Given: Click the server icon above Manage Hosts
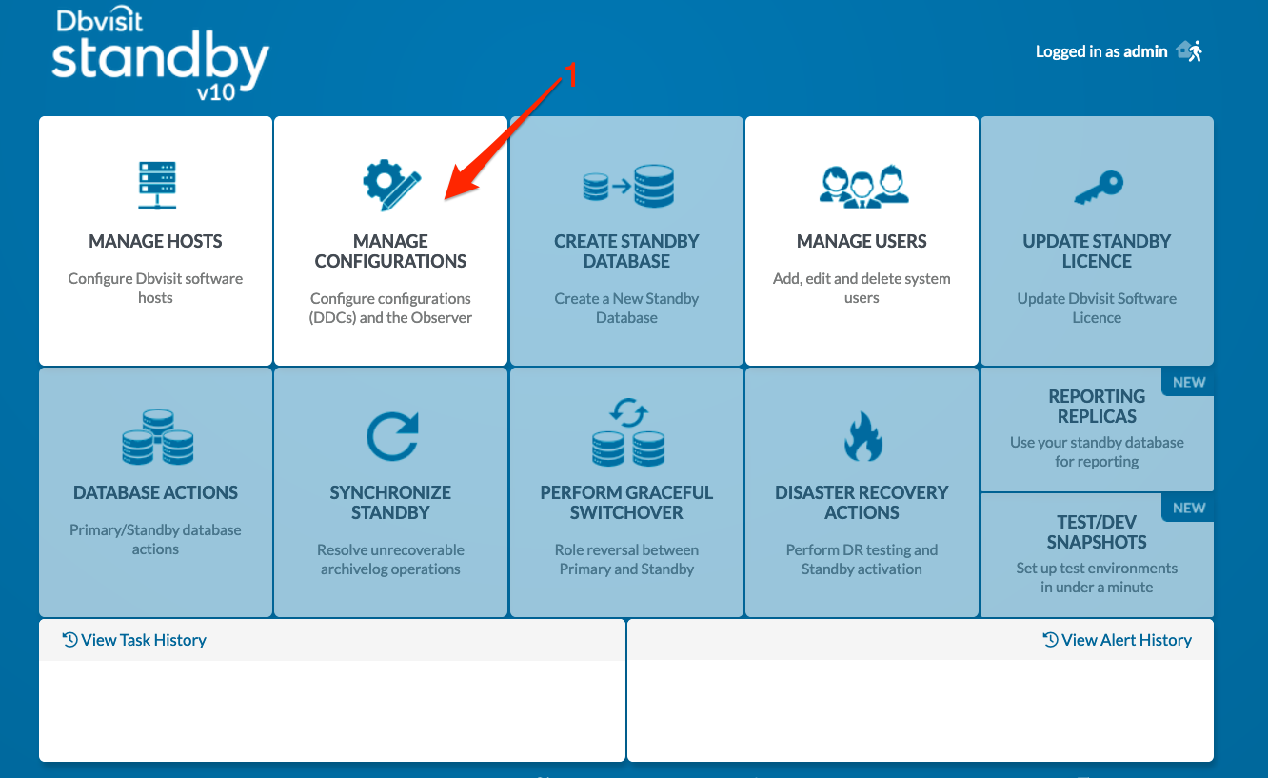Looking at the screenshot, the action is [x=157, y=185].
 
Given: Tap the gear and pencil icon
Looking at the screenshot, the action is [x=391, y=185].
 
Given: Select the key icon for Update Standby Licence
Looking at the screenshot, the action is [x=1099, y=187].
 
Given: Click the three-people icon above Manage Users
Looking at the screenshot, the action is [x=863, y=187].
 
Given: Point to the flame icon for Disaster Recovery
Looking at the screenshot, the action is [x=862, y=436].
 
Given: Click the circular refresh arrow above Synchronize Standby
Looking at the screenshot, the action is [x=392, y=436].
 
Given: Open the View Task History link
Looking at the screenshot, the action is [x=134, y=640].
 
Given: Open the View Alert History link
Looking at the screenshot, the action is [x=1117, y=640].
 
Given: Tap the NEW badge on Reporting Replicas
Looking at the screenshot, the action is [x=1189, y=382].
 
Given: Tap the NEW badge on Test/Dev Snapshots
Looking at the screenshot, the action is [x=1189, y=508].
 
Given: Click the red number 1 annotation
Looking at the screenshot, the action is [x=572, y=75].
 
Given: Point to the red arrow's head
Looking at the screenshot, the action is [x=446, y=198].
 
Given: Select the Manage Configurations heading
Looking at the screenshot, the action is [x=390, y=250].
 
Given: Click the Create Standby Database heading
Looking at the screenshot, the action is [x=626, y=250].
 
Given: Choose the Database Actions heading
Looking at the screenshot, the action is [x=156, y=492].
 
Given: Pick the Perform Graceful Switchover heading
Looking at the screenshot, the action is [x=626, y=502].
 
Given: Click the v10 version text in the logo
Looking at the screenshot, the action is [x=216, y=91].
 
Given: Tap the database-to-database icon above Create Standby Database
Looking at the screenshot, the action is [x=628, y=186].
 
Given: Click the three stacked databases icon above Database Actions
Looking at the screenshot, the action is [x=158, y=436].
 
